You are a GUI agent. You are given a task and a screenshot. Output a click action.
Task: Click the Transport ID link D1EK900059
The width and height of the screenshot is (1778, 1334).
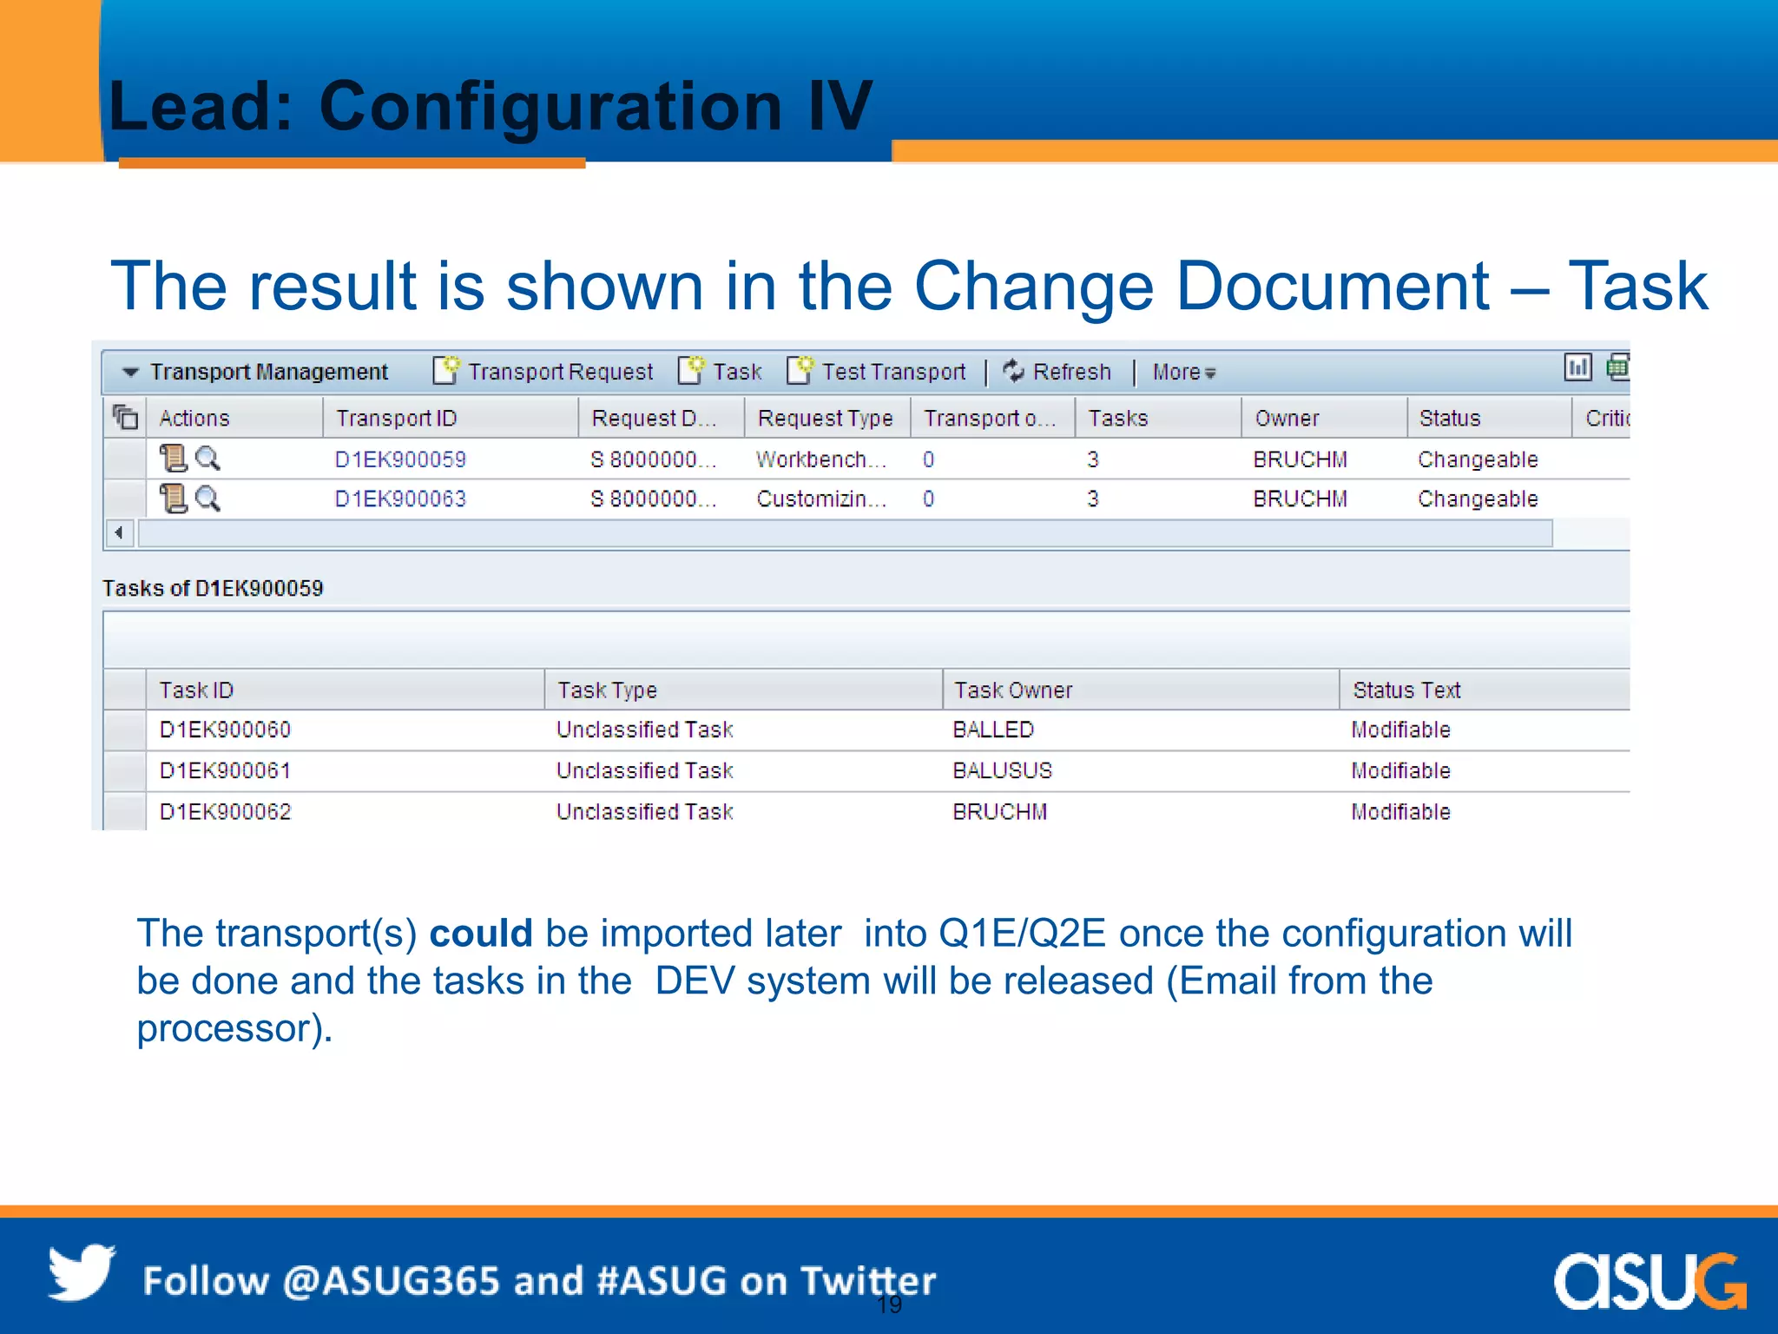pyautogui.click(x=400, y=459)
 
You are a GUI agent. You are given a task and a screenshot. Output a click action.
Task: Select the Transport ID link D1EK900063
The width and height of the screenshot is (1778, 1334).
pyautogui.click(x=400, y=499)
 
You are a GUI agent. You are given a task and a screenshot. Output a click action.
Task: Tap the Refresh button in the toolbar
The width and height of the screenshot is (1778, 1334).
pyautogui.click(x=1057, y=372)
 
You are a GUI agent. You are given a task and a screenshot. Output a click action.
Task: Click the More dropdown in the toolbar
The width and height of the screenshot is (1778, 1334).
pyautogui.click(x=1183, y=373)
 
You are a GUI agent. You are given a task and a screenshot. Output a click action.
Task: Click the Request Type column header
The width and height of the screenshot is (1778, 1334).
pyautogui.click(x=825, y=418)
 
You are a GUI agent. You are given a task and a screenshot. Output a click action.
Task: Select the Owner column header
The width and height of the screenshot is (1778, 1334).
pyautogui.click(x=1287, y=418)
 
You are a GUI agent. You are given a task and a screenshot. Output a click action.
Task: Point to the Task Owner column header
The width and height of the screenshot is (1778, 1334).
pyautogui.click(x=1013, y=690)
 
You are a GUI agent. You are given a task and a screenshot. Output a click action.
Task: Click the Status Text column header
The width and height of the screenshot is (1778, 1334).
pyautogui.click(x=1406, y=690)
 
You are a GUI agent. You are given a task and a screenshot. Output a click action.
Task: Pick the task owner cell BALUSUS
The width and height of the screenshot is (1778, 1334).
pyautogui.click(x=1002, y=770)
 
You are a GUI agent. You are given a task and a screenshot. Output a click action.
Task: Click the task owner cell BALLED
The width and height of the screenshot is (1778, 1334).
pyautogui.click(x=993, y=730)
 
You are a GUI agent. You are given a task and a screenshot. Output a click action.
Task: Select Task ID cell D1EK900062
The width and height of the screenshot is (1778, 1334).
pyautogui.click(x=225, y=811)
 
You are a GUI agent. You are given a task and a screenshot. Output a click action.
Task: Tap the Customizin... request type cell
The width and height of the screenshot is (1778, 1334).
pyautogui.click(x=820, y=499)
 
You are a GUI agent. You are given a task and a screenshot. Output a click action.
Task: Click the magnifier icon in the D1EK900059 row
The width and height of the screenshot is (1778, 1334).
pyautogui.click(x=207, y=458)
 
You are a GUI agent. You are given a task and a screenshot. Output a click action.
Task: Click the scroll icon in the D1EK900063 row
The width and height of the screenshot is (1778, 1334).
pyautogui.click(x=173, y=499)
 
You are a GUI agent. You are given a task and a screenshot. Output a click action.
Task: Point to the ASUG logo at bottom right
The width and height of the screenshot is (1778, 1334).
pyautogui.click(x=1649, y=1280)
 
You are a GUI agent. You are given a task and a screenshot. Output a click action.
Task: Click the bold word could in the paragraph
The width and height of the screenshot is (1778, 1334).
pyautogui.click(x=480, y=934)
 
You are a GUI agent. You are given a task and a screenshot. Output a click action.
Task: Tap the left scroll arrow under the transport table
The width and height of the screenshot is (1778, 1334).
pyautogui.click(x=119, y=532)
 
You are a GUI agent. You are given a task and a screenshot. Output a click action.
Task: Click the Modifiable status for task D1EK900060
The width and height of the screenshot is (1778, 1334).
pyautogui.click(x=1400, y=730)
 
